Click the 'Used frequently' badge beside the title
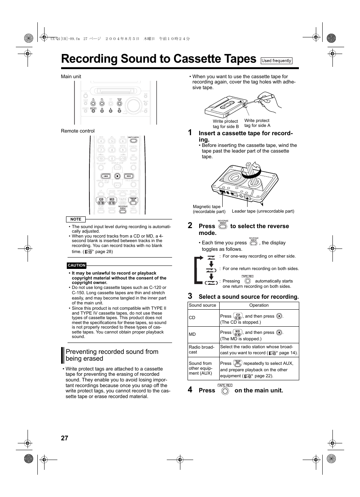coord(276,61)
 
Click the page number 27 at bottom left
coord(65,438)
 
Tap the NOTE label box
coord(76,219)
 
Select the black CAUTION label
coord(77,265)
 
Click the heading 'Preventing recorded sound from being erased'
coord(112,355)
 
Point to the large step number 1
coord(190,133)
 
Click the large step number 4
coord(190,390)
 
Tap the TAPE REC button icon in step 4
coord(225,391)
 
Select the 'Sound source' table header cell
coord(203,305)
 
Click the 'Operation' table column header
coord(259,305)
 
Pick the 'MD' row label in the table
coord(192,334)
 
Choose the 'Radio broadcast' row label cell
coord(202,349)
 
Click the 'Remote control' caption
coord(78,131)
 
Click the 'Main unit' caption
coord(71,77)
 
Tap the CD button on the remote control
coord(101,201)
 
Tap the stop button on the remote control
coord(117,176)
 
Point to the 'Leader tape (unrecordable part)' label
coord(263,211)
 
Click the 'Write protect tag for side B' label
coord(225,124)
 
